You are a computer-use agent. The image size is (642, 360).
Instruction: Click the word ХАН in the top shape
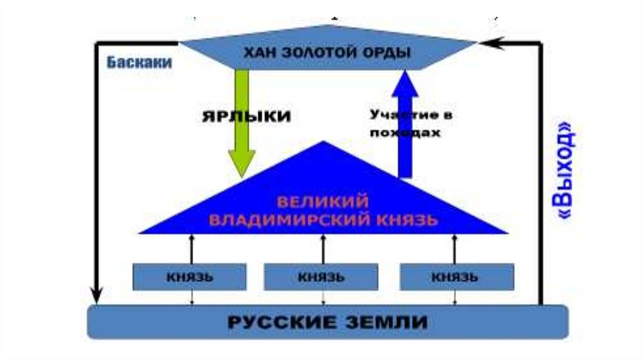click(258, 53)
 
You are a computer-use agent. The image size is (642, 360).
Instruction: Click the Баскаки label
click(139, 63)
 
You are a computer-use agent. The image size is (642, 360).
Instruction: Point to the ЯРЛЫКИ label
click(247, 117)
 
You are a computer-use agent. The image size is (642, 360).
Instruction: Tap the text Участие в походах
click(411, 124)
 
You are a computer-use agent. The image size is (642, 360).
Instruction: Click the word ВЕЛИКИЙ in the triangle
click(322, 203)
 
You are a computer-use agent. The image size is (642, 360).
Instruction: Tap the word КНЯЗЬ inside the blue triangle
click(406, 221)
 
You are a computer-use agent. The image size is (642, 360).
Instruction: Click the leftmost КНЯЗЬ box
click(190, 277)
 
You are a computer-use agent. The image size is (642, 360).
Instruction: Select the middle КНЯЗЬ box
click(321, 277)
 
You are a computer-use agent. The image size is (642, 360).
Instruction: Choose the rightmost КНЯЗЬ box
click(457, 277)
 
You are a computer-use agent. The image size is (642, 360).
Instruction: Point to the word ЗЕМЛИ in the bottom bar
click(386, 322)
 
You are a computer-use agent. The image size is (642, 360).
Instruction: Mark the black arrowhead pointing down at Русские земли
click(96, 293)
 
